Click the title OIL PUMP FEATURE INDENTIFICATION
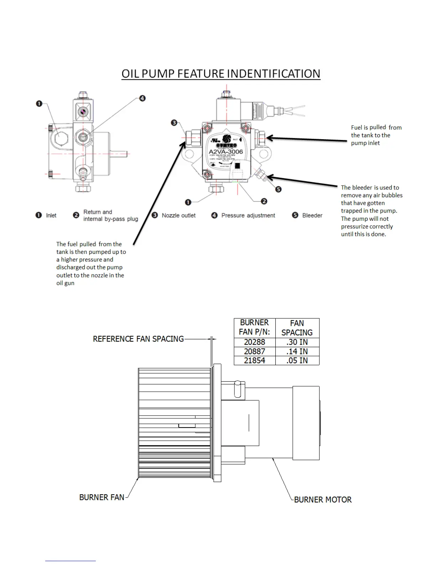click(x=221, y=74)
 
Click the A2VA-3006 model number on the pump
click(x=225, y=152)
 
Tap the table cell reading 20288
click(x=254, y=342)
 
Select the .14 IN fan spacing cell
click(x=297, y=351)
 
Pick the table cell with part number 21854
click(x=254, y=360)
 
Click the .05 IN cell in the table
click(x=297, y=360)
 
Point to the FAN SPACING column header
click(x=297, y=328)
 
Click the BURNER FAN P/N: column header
click(x=254, y=328)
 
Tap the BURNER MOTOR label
click(x=323, y=500)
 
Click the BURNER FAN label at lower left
click(x=102, y=497)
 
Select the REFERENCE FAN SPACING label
click(x=138, y=339)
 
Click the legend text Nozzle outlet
click(x=178, y=215)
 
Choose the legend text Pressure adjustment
click(x=248, y=215)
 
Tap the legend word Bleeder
click(x=312, y=215)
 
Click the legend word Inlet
click(x=51, y=215)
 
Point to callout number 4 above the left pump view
click(x=142, y=98)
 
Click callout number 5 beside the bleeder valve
click(x=279, y=189)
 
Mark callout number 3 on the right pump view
click(x=174, y=123)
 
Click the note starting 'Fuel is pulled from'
click(x=376, y=135)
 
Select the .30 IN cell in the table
click(x=297, y=342)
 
